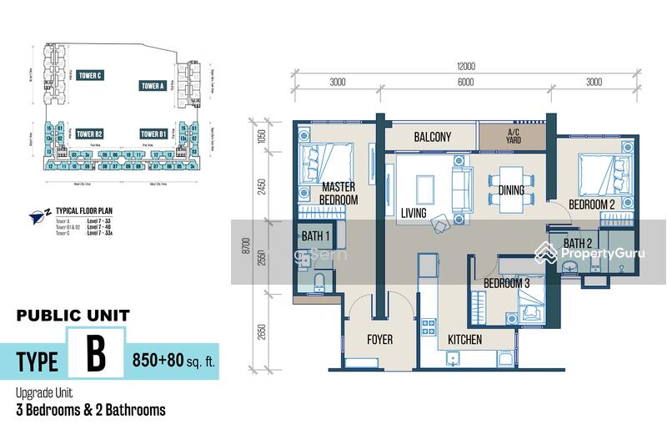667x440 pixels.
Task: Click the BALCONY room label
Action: [x=432, y=137]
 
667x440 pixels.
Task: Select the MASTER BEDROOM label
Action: [x=339, y=194]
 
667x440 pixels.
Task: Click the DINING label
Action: [x=511, y=190]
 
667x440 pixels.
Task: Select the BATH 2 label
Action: [x=577, y=244]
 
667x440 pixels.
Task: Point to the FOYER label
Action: [x=379, y=340]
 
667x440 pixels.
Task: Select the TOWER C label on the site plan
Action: [x=89, y=76]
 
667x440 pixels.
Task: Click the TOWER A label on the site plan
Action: [x=152, y=85]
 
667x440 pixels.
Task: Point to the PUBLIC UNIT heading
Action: [x=73, y=316]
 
